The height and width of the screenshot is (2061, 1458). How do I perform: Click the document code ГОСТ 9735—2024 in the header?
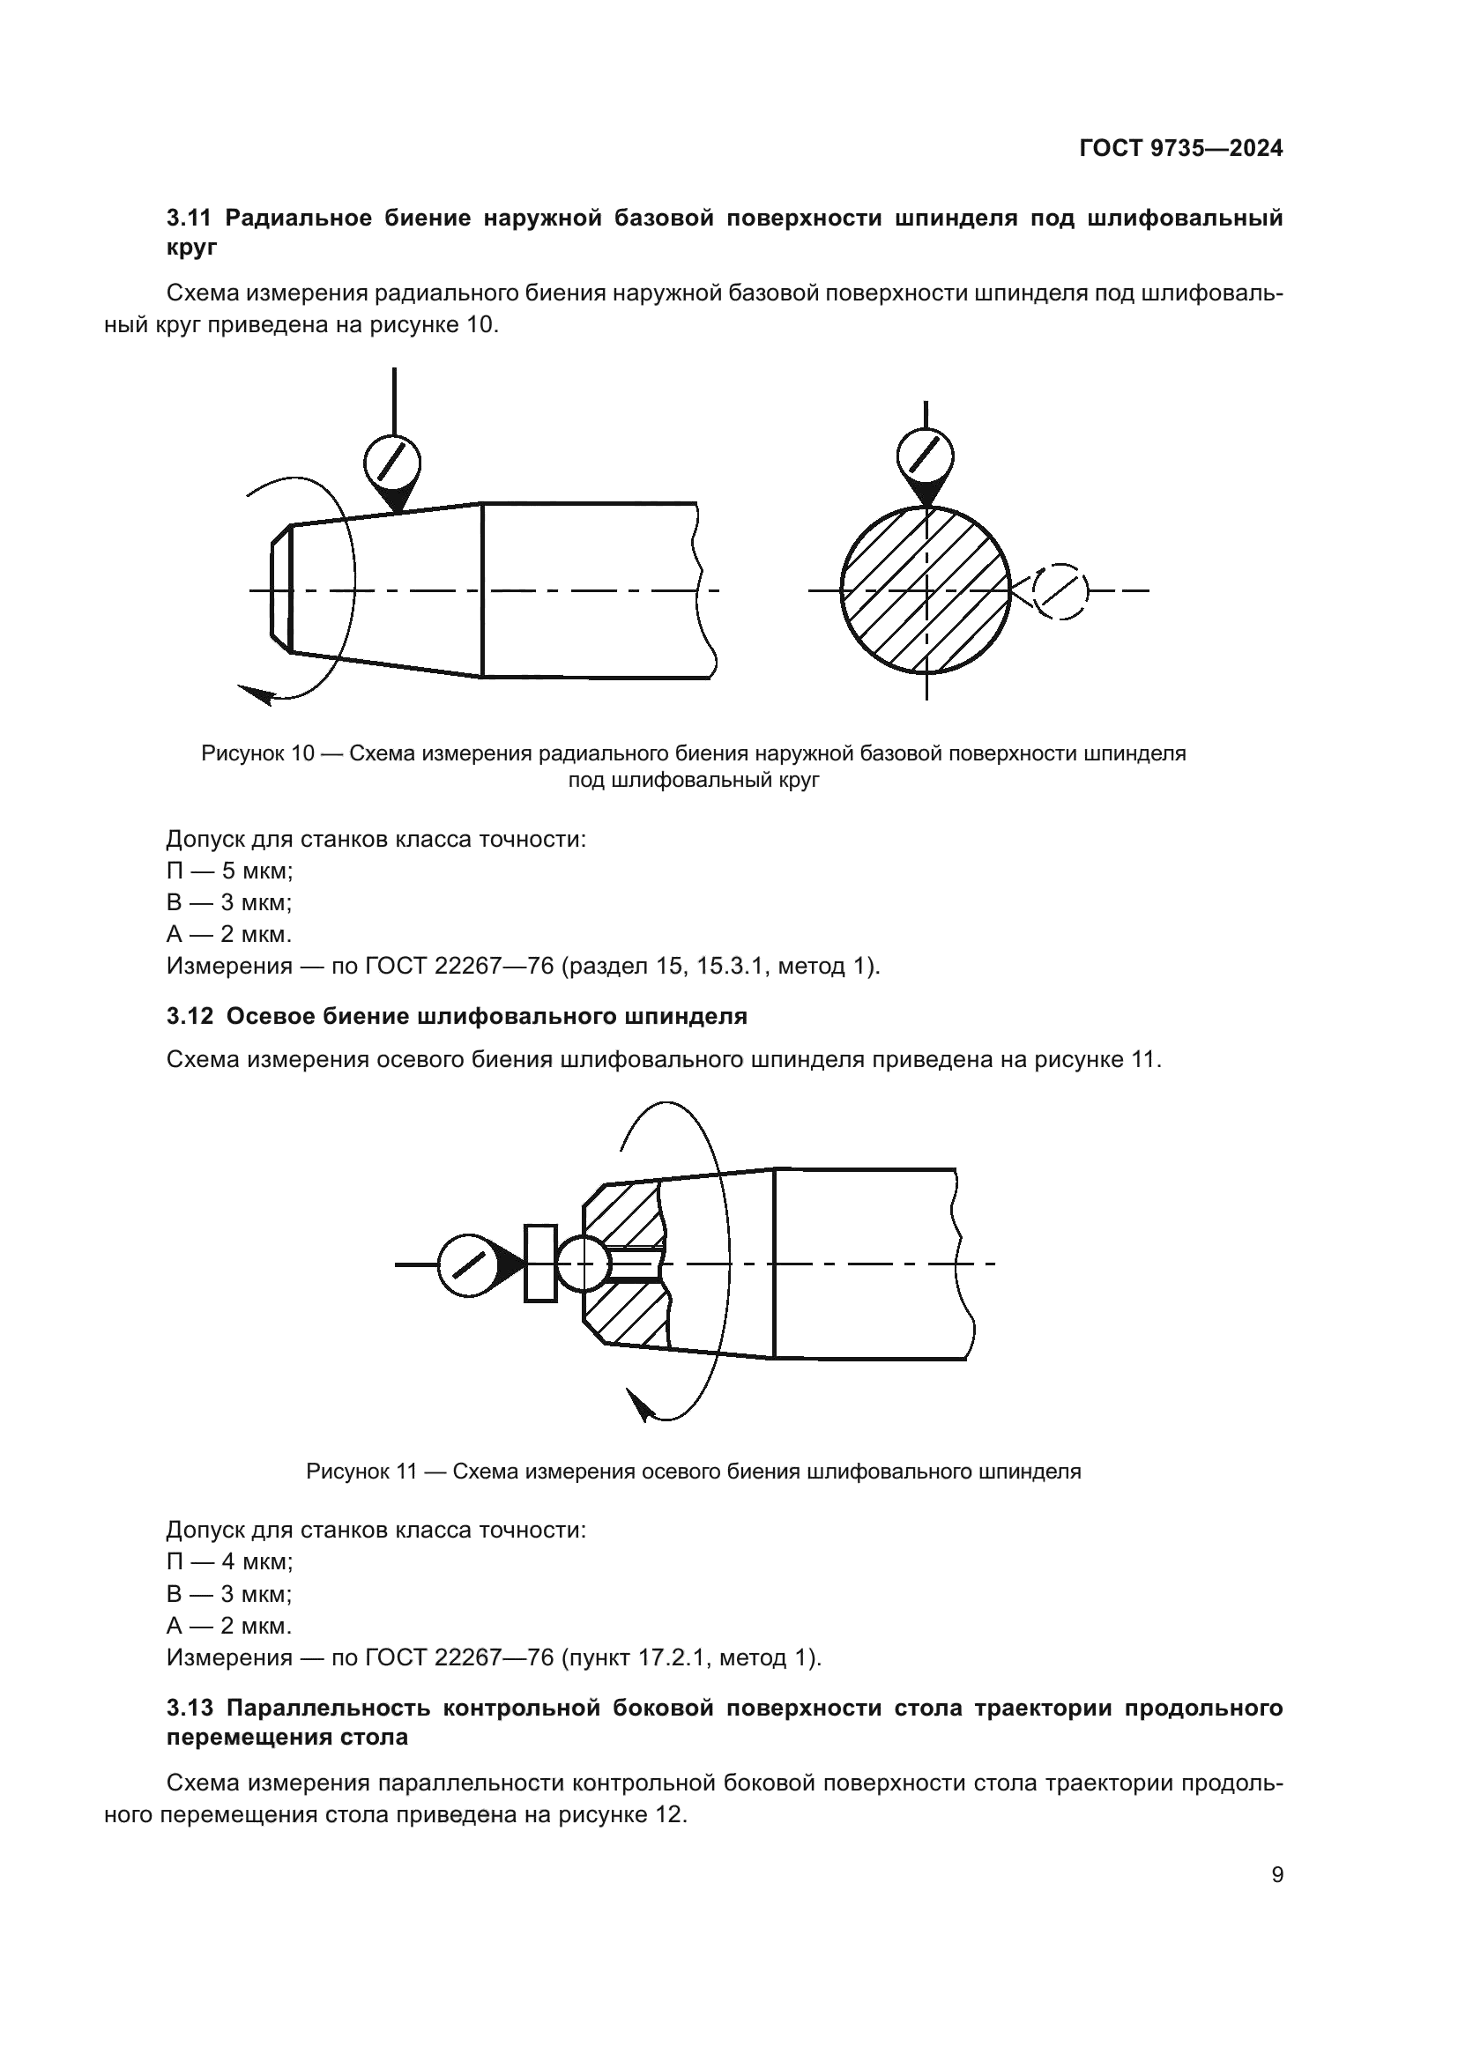pos(1180,148)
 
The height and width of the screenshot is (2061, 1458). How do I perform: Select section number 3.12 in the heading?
pos(190,1016)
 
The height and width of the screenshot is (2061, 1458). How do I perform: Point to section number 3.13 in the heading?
pos(190,1708)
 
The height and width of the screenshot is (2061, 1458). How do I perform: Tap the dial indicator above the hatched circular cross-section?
pos(925,454)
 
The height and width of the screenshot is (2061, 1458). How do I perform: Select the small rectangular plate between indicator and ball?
pos(539,1263)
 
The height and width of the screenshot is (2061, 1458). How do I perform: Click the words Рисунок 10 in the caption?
pos(257,753)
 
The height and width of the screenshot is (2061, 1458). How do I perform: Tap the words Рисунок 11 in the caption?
pos(361,1472)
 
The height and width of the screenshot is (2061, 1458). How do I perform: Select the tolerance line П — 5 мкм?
pos(230,871)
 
